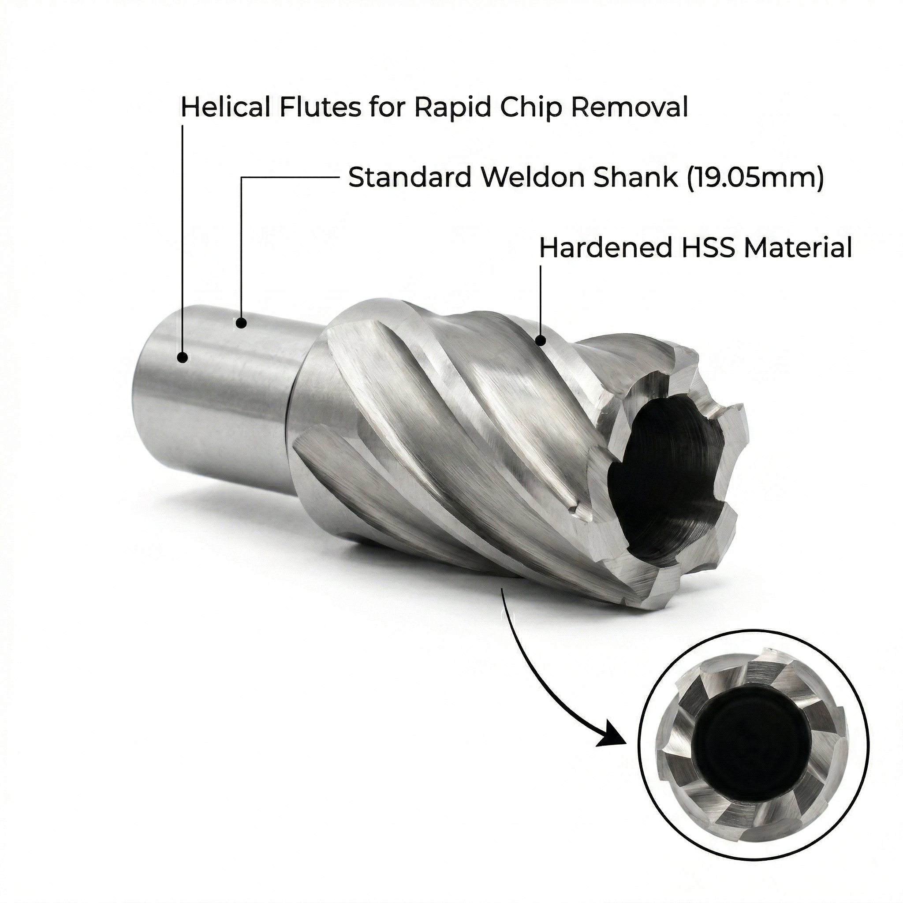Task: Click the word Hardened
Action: click(603, 248)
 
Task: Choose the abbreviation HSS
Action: click(705, 248)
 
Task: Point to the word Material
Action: click(797, 248)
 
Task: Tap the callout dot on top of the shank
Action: click(241, 322)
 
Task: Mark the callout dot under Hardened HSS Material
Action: click(540, 340)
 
